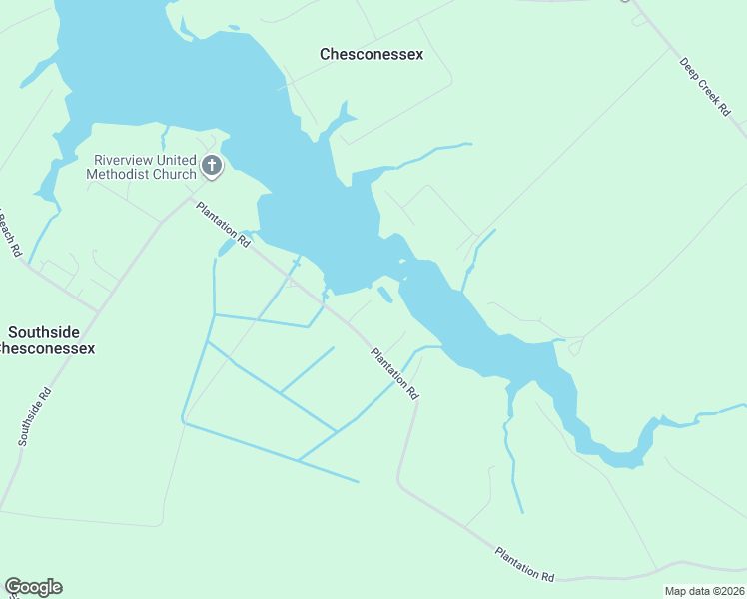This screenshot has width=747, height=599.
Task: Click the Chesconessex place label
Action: (372, 54)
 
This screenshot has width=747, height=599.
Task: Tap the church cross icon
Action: (212, 166)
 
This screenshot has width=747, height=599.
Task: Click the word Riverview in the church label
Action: (127, 159)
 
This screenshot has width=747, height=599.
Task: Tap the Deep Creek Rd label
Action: (705, 88)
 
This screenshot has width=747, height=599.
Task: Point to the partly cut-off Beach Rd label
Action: (10, 234)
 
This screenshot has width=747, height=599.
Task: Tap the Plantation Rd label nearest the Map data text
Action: (524, 564)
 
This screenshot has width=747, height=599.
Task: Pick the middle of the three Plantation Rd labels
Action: (394, 373)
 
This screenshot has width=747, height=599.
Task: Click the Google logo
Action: (33, 587)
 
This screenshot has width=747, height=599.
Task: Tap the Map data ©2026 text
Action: (704, 591)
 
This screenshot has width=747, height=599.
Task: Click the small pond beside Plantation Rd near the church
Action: (228, 247)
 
